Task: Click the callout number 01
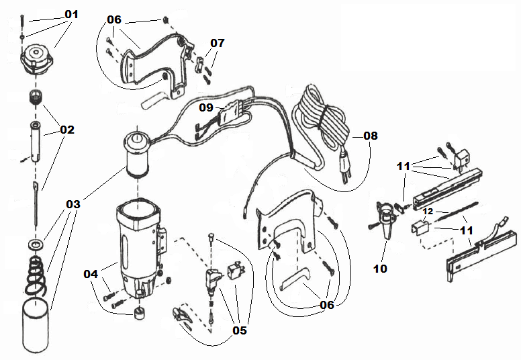(x=71, y=14)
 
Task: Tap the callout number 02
(x=67, y=130)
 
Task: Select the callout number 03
(x=73, y=204)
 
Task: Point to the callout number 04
(x=91, y=274)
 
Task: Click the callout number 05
(x=240, y=330)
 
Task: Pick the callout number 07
(x=218, y=43)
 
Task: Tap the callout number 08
(x=371, y=136)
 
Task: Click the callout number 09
(x=206, y=107)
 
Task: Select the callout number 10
(x=380, y=268)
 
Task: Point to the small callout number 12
(x=428, y=212)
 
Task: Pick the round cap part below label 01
(x=36, y=59)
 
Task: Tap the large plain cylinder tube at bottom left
(x=36, y=326)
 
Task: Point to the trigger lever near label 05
(x=183, y=316)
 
